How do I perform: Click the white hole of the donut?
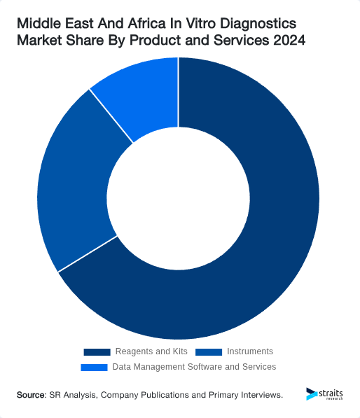[179, 199]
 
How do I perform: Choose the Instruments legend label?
[250, 351]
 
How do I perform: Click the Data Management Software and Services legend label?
[194, 367]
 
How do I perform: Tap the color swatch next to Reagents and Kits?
[97, 351]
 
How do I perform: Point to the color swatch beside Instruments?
[209, 351]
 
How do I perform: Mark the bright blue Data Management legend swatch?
[95, 367]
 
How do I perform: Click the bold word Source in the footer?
[30, 395]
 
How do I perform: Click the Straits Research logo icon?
[311, 393]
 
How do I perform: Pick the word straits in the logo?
[331, 392]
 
